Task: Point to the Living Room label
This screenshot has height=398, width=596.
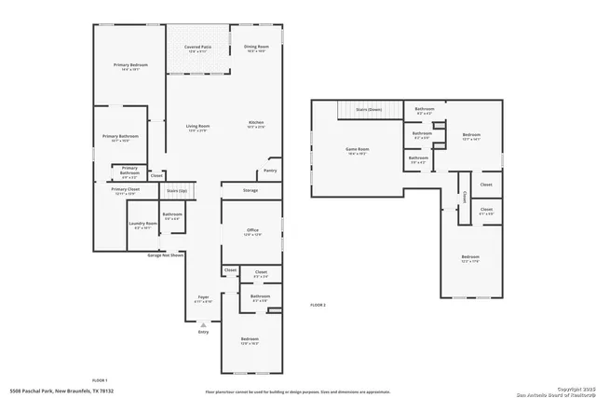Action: click(197, 126)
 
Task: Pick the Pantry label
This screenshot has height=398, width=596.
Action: click(270, 171)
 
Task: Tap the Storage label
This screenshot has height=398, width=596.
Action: click(251, 190)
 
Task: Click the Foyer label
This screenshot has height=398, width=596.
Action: click(202, 298)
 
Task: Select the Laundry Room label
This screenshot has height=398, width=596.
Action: click(142, 224)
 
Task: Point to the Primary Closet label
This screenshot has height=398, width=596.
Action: click(125, 189)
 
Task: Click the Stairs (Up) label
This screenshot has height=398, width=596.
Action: click(177, 190)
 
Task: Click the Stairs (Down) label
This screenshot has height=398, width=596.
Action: click(369, 109)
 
